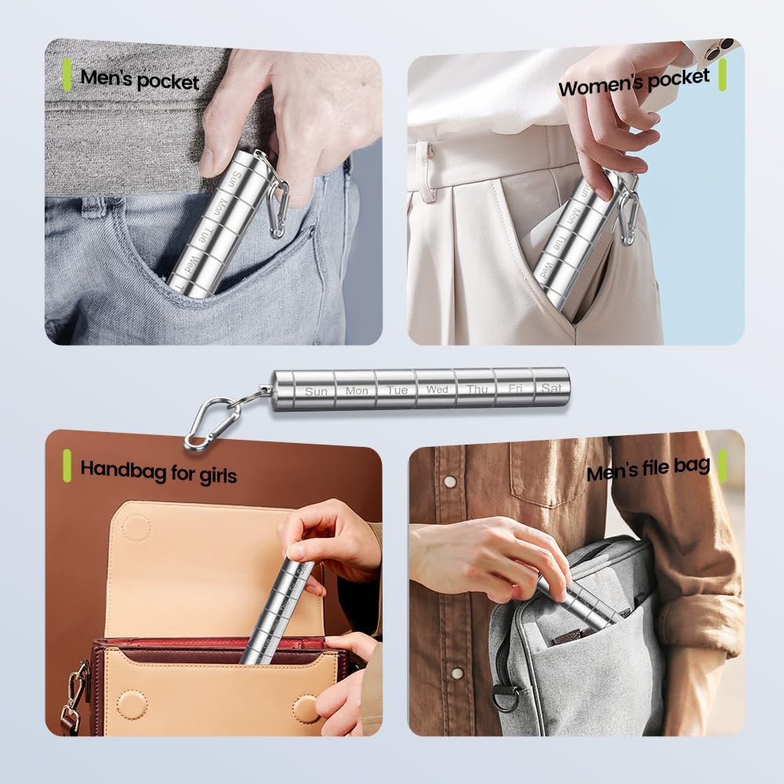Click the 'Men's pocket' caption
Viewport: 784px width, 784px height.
coord(140,79)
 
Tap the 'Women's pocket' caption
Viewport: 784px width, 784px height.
coord(633,82)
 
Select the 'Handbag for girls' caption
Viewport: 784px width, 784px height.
coord(158,472)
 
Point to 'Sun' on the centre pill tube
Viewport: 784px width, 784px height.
coord(316,390)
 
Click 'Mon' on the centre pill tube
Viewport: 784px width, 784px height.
coord(357,390)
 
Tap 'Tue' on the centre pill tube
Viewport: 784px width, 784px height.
coord(397,390)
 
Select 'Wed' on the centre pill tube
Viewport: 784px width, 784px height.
coord(437,389)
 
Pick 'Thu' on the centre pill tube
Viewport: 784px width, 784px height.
coord(477,389)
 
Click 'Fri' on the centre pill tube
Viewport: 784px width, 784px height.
coord(515,388)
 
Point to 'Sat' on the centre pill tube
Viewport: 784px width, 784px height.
coord(551,387)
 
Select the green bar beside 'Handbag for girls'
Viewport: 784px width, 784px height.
coord(67,466)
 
